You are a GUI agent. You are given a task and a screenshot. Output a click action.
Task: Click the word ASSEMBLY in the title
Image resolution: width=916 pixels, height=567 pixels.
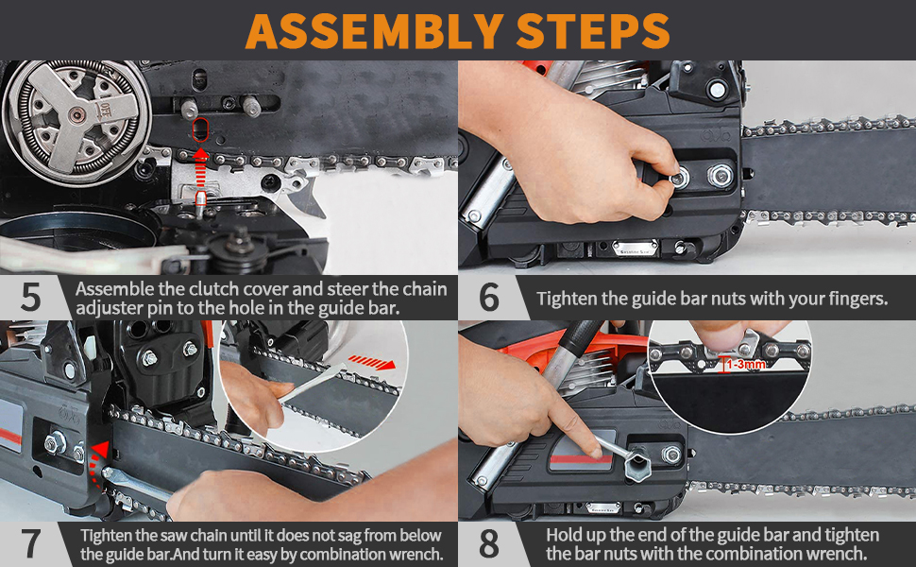373,30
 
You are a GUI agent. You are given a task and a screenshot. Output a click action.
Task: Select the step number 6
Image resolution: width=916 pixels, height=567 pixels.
488,298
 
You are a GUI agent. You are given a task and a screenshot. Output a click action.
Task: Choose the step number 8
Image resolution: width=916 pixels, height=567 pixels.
488,544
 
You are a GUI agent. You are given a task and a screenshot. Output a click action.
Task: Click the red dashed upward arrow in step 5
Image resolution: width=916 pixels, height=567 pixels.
201,170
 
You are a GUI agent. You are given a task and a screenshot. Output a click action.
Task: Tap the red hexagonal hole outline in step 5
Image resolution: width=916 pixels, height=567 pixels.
199,129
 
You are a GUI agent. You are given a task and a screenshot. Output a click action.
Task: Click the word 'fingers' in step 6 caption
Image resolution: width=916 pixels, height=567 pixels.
854,299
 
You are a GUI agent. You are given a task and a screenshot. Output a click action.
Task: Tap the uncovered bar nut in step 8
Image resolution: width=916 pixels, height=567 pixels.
671,455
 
